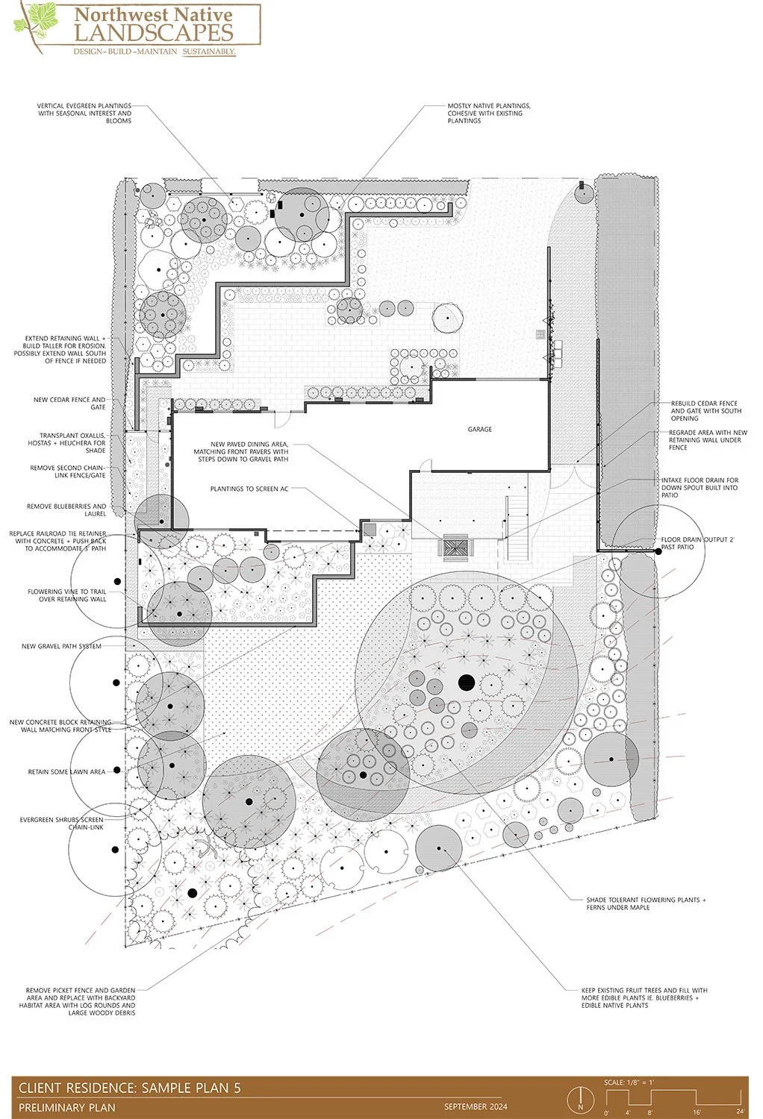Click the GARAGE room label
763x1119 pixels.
tap(479, 429)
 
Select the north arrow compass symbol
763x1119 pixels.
tap(580, 1099)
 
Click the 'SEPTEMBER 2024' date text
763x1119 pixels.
tap(476, 1106)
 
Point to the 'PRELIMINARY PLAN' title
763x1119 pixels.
tap(67, 1107)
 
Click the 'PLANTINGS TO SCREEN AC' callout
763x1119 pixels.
tap(249, 489)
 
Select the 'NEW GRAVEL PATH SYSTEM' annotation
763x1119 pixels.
tap(61, 646)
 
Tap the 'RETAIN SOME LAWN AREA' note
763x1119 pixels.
tap(66, 771)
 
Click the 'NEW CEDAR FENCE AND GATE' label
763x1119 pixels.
tap(69, 404)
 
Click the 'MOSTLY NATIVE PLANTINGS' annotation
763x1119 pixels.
tap(489, 113)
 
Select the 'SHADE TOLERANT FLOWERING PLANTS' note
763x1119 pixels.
tap(646, 903)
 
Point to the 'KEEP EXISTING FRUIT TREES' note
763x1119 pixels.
tap(644, 997)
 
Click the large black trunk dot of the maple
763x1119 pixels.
tap(467, 681)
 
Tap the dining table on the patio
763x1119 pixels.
tap(455, 548)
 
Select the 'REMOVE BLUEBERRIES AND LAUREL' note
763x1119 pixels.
tap(66, 510)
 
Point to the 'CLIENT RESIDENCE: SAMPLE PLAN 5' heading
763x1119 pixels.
tap(129, 1088)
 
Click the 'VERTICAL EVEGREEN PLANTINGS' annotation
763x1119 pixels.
tap(84, 113)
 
